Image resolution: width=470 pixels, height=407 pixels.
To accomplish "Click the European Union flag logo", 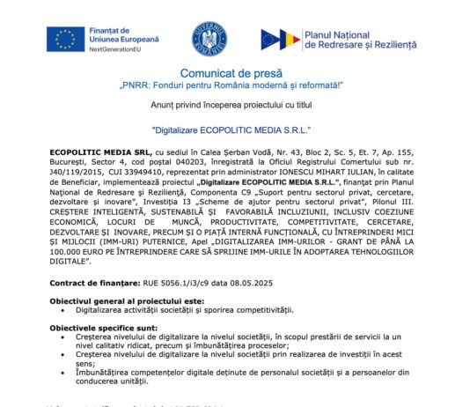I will (65, 38).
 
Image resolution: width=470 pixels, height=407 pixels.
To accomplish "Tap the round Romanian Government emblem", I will (209, 39).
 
